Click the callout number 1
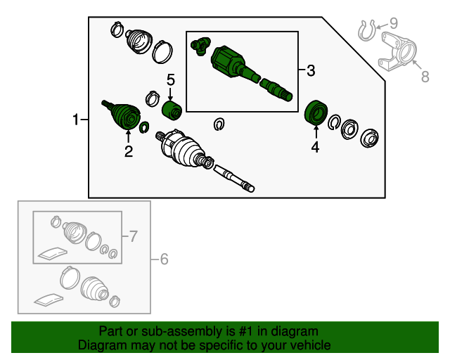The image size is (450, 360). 75,120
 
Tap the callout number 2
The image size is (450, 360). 129,151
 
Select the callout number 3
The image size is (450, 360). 311,70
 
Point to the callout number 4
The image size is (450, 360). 316,147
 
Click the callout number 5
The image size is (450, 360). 171,79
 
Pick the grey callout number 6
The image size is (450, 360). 164,259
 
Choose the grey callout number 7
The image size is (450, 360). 134,236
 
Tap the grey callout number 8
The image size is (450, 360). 425,77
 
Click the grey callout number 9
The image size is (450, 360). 393,23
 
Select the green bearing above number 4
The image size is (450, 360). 316,112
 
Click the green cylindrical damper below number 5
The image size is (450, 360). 172,111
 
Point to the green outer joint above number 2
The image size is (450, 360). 122,115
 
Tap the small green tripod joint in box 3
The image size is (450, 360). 200,46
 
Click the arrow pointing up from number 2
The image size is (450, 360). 128,136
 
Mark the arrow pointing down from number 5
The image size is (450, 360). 170,94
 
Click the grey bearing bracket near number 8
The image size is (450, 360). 397,51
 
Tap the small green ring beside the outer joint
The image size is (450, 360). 144,127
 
